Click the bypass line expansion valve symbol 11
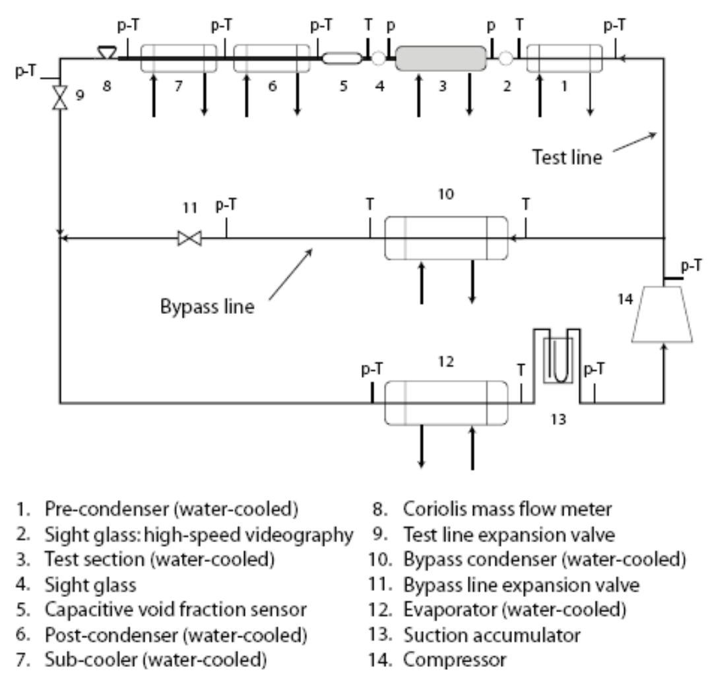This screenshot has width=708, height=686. click(190, 239)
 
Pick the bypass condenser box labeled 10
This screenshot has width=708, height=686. click(446, 239)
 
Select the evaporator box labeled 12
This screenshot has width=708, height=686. click(446, 402)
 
